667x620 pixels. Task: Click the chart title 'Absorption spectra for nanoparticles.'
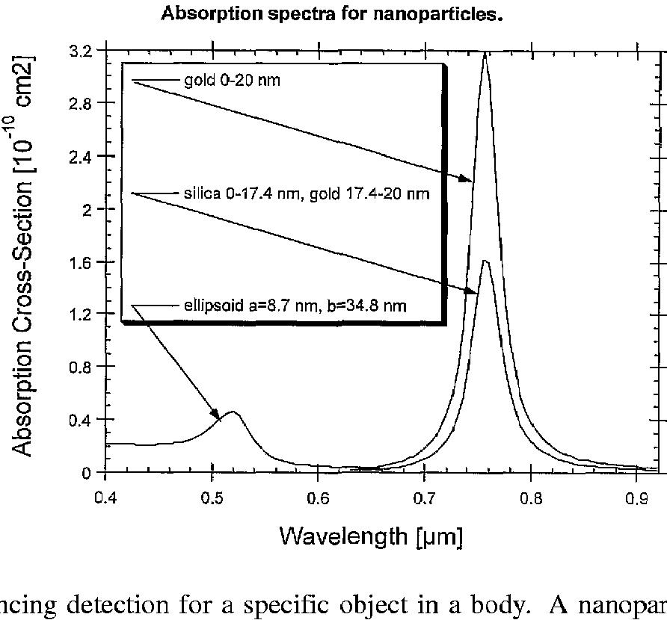(329, 14)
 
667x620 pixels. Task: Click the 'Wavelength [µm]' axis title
(372, 536)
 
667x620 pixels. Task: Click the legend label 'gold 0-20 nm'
(232, 80)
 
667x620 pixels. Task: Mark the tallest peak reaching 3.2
(485, 55)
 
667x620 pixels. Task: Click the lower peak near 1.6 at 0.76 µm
(485, 261)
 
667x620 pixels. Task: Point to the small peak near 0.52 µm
(233, 412)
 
